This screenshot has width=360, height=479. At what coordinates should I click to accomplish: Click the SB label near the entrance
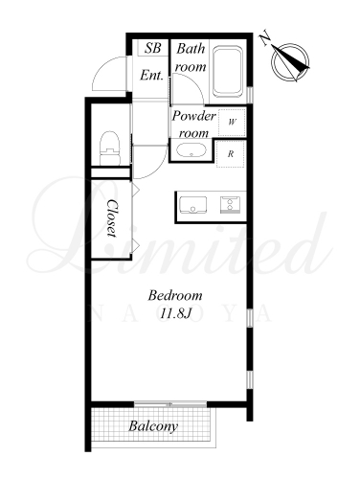click(x=153, y=48)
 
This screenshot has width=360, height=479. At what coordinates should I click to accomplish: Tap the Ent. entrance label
click(x=152, y=76)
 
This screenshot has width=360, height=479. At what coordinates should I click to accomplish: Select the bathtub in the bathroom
click(x=227, y=72)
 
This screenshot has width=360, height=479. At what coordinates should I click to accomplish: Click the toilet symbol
click(x=110, y=148)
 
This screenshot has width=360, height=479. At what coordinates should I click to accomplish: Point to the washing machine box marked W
click(x=232, y=122)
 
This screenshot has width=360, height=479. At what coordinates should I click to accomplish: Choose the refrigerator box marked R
click(x=231, y=154)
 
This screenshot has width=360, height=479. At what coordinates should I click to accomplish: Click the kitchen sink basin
click(x=192, y=205)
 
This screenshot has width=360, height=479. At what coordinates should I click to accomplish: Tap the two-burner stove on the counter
click(x=230, y=205)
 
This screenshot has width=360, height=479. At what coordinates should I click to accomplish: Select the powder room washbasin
click(x=191, y=150)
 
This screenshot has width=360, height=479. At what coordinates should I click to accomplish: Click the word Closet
click(x=111, y=218)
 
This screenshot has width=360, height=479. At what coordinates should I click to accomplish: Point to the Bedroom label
click(x=175, y=295)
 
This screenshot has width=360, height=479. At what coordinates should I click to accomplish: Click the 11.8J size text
click(x=175, y=314)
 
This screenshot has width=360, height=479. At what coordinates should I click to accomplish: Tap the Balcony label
click(x=153, y=426)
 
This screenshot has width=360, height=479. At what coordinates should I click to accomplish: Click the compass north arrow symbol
click(x=290, y=61)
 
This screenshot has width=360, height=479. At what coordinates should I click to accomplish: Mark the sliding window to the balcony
click(x=170, y=404)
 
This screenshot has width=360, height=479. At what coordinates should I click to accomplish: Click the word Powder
click(x=193, y=116)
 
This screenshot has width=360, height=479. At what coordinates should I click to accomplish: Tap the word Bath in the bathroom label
click(x=191, y=49)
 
